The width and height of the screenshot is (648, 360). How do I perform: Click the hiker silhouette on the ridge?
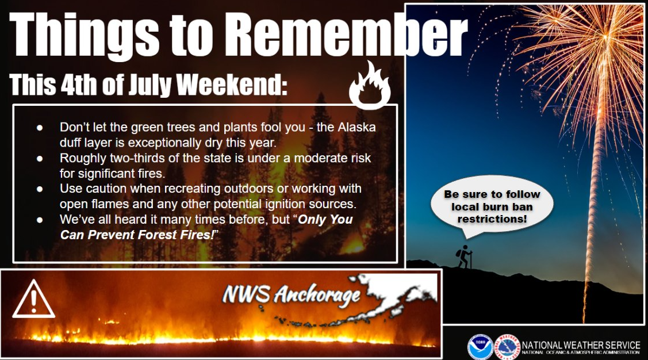point(464,257)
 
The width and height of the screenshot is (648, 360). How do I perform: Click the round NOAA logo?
point(480,346)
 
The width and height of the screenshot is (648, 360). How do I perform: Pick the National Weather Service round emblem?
point(507,346)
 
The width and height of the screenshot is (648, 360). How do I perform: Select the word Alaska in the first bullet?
point(356,127)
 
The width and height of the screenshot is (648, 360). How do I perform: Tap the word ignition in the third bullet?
point(294,204)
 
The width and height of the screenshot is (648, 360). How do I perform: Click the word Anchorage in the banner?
point(317,294)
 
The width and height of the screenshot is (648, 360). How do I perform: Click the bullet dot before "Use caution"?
point(40,189)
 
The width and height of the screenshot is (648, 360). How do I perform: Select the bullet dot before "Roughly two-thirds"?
point(40,158)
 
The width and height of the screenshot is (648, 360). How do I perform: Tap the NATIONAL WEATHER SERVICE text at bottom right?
point(581,344)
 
